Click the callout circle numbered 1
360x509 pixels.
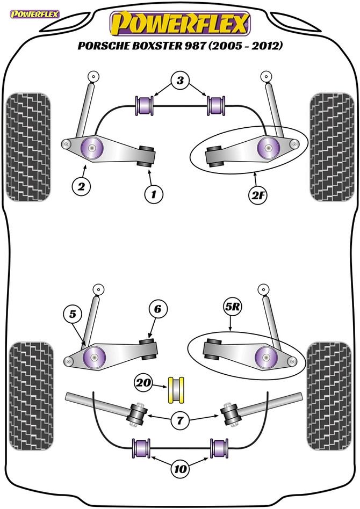154,194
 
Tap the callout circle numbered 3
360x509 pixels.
180,81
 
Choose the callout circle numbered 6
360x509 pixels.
157,309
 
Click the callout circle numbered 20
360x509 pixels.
143,383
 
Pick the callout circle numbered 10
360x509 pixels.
181,469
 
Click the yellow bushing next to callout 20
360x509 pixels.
176,390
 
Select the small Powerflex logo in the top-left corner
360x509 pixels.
35,14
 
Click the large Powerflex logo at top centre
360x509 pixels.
180,24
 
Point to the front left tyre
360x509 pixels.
28,147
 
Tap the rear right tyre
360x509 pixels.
329,396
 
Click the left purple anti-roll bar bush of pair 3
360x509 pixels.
144,105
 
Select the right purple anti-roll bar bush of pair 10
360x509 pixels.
220,448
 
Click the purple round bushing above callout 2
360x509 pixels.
92,148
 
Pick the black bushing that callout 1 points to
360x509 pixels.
147,156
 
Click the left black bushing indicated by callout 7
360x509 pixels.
138,415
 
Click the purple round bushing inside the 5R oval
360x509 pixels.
266,358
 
